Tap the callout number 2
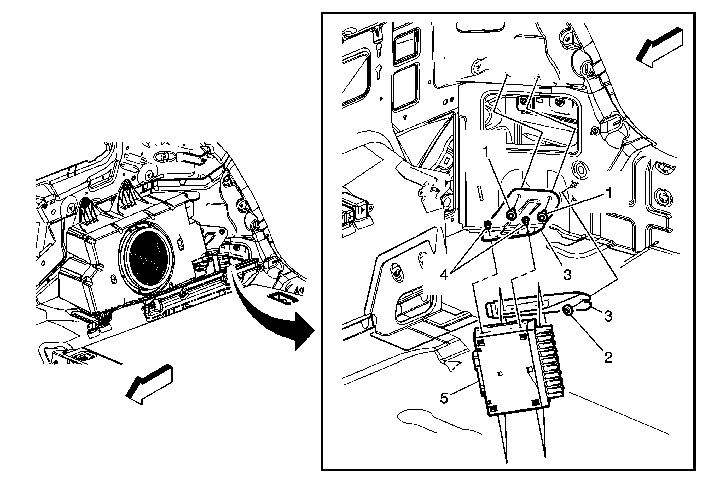point(608,357)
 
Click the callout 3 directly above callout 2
point(608,316)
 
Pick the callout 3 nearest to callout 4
point(567,275)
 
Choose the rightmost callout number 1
point(609,194)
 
